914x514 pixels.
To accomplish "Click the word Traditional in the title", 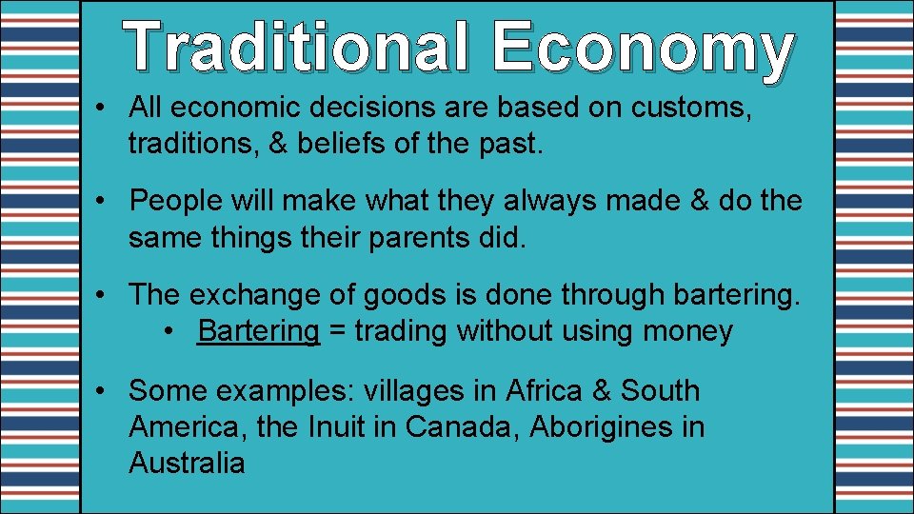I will pos(297,48).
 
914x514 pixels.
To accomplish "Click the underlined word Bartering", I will pos(259,331).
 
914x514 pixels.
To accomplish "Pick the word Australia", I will pos(187,464).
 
